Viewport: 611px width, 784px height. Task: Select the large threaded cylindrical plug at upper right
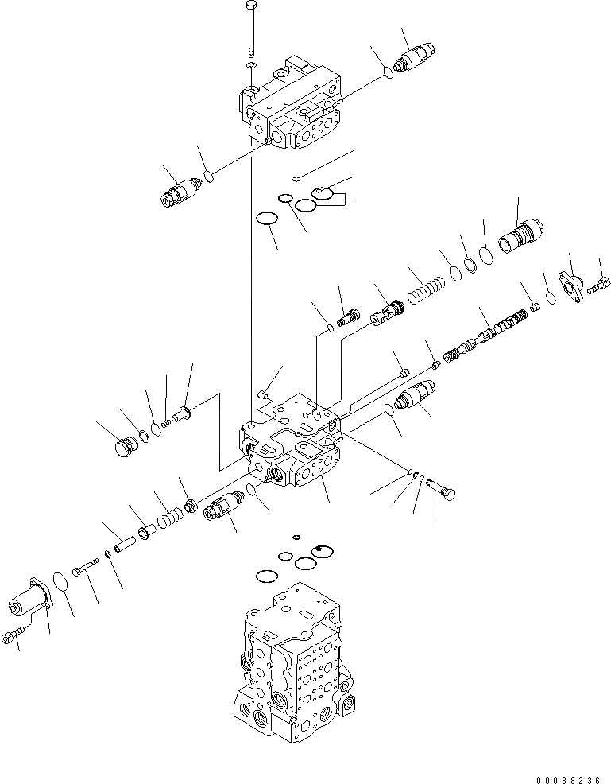[521, 235]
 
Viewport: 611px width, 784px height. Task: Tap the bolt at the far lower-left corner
[13, 637]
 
